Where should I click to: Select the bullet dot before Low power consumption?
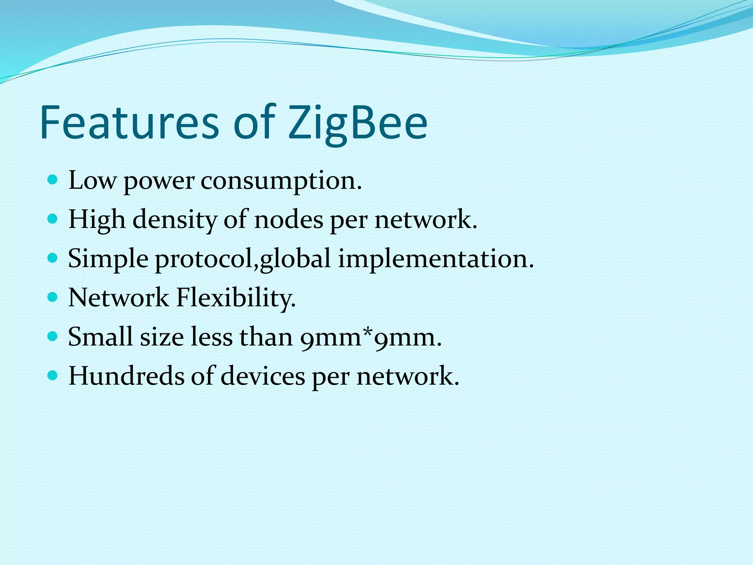(53, 180)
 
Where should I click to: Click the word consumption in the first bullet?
(281, 181)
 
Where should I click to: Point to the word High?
(97, 220)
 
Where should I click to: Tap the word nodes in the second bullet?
(288, 220)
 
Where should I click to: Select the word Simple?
(108, 259)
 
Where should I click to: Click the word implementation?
(435, 259)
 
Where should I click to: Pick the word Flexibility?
(236, 298)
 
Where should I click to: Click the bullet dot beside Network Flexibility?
(53, 297)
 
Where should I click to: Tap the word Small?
(100, 337)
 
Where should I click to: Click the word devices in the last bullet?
(263, 376)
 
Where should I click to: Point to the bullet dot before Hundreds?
(53, 376)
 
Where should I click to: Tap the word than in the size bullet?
(266, 337)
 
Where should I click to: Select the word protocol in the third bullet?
(204, 259)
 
